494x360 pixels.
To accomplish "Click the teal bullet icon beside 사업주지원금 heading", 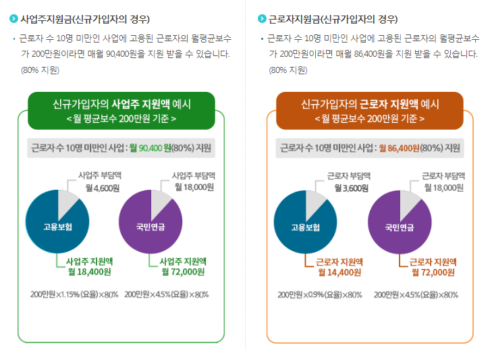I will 13,18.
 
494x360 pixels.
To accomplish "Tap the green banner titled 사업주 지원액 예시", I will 121,111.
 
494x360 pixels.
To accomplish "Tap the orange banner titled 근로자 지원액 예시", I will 370,111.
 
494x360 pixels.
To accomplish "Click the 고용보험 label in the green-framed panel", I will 57,226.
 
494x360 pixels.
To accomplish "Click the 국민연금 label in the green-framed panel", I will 150,226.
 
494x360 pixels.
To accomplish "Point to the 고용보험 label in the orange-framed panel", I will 305,226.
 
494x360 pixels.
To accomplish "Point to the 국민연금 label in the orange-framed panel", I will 399,226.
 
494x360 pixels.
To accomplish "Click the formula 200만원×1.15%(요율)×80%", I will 74,294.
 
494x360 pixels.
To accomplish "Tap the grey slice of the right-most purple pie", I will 410,202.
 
